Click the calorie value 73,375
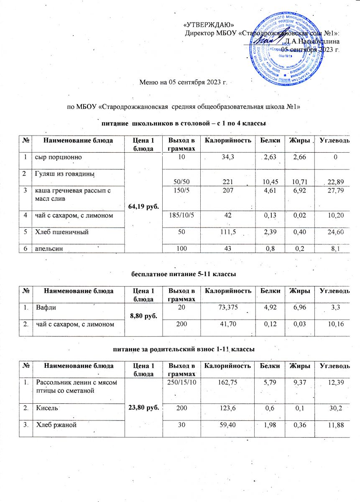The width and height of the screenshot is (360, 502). click(x=228, y=308)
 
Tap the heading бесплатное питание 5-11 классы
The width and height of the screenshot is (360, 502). click(x=184, y=274)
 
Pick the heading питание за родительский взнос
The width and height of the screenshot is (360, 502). click(x=184, y=348)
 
